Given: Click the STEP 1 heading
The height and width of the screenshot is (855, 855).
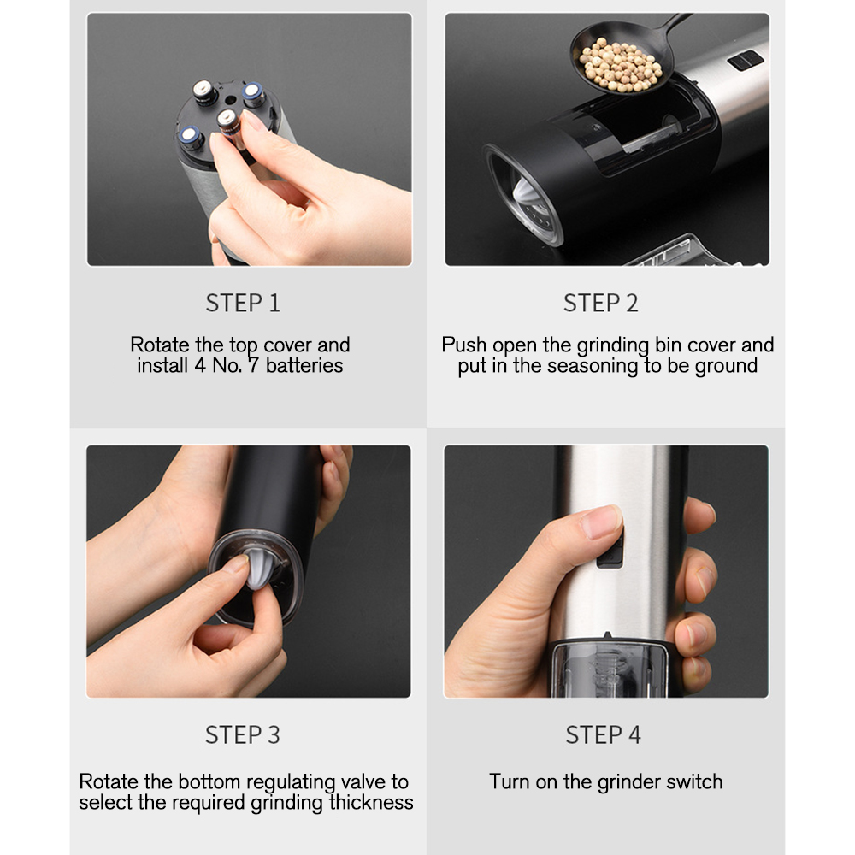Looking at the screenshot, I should [242, 303].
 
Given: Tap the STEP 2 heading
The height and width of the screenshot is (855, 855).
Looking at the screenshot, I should [600, 303].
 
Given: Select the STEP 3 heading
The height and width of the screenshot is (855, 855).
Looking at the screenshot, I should [242, 734].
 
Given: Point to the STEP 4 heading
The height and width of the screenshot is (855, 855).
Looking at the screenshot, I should [603, 734].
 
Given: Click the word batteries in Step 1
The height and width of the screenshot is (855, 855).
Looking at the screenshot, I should [304, 366].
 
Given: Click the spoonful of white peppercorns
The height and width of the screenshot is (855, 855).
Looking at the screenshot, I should [620, 64].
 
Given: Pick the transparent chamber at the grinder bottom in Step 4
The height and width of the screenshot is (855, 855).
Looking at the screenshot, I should [609, 667].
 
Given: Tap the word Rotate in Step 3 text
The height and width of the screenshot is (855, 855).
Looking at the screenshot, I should [109, 781].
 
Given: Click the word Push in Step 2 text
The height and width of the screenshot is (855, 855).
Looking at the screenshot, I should [462, 345].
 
